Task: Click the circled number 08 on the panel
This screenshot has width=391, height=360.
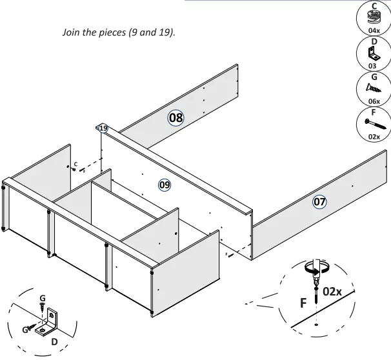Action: [x=175, y=117]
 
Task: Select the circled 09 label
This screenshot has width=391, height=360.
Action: [x=165, y=185]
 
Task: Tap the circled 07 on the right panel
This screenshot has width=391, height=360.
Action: [x=320, y=202]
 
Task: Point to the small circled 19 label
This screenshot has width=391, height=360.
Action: [x=103, y=128]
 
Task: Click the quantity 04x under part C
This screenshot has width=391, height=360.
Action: [x=374, y=30]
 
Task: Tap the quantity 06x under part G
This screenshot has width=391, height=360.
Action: [x=374, y=102]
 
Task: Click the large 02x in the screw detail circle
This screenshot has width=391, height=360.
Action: [x=333, y=291]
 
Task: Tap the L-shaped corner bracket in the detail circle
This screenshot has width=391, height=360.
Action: [x=52, y=321]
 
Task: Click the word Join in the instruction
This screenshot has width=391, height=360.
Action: [x=70, y=33]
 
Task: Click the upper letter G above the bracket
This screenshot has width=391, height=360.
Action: [x=43, y=298]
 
